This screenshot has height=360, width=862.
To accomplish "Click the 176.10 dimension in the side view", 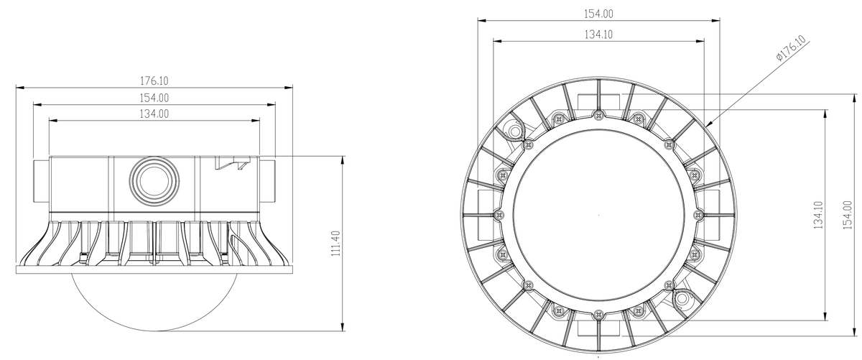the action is coord(154,81).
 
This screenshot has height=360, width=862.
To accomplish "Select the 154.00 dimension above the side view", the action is coord(154,98).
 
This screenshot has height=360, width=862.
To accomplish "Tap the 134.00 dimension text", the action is coord(154,114).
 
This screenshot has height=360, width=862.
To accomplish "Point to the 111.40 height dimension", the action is coord(336,244).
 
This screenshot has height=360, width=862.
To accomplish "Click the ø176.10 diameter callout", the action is coord(791,48).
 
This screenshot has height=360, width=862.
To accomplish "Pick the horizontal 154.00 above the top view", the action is coord(599,14).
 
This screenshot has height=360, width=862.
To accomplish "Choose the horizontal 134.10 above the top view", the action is coord(599,34).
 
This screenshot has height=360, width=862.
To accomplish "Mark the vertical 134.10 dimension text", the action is coord(818,215).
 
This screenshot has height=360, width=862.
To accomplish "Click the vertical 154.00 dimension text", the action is coord(848,215).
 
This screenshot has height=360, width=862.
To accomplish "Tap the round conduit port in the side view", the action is coord(154,180).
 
